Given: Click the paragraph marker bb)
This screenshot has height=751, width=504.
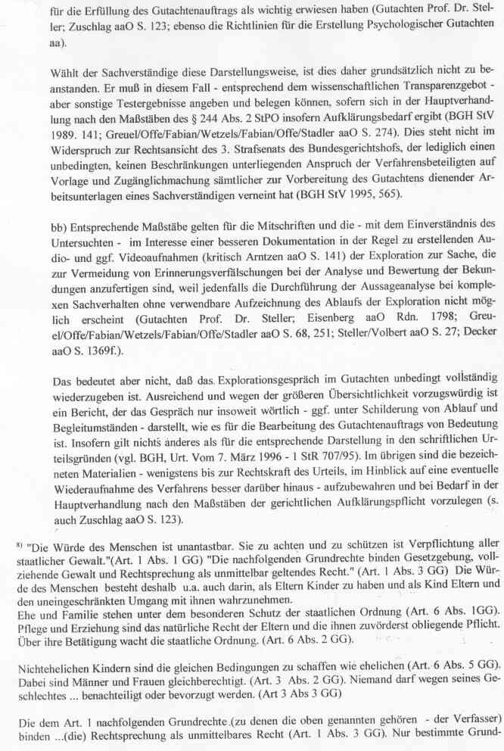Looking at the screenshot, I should coord(40,224).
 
